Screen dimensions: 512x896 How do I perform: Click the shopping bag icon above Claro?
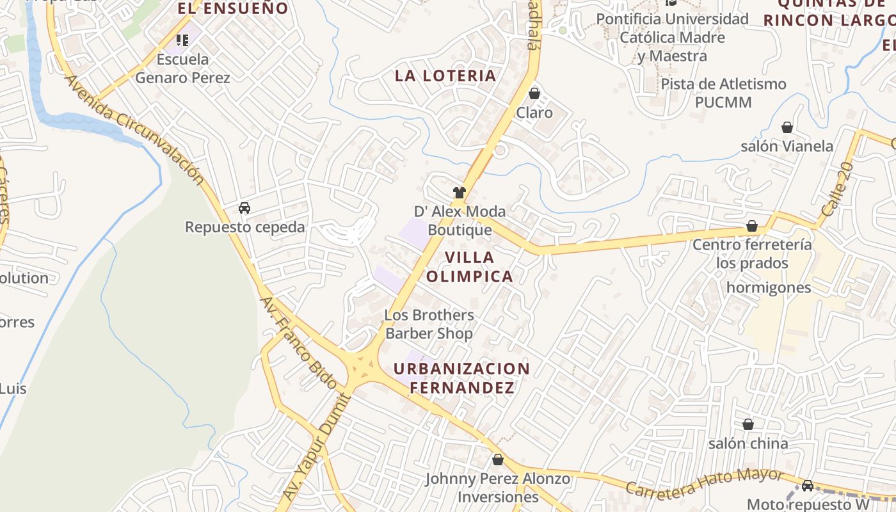coord(534,94)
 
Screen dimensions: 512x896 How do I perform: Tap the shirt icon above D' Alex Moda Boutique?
coord(459,192)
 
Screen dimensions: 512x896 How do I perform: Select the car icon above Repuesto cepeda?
coord(244,207)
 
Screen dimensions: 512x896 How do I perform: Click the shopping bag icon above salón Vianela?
coord(787,128)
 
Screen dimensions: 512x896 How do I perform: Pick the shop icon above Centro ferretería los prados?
coord(752,227)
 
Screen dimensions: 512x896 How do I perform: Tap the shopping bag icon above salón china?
coord(748,424)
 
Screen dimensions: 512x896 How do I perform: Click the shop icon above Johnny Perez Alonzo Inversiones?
coord(498,460)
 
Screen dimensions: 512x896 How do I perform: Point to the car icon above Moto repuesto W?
coord(808,486)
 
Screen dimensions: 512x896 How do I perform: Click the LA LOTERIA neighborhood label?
coord(445,76)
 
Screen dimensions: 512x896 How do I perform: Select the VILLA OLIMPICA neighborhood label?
coord(470,267)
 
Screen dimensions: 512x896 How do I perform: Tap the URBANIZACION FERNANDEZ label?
coord(461,378)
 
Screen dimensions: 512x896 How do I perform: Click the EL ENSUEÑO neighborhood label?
coord(233,8)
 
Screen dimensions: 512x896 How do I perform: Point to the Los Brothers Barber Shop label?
coord(429,324)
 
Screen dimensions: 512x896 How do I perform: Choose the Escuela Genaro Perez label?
coord(182,68)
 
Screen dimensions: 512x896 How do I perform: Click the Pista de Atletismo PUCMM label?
coord(723,93)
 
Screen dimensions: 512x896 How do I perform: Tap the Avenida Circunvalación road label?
coord(134,131)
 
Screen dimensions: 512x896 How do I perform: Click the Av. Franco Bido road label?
coord(298,343)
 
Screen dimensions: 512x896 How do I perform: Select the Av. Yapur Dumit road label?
coord(317,447)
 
